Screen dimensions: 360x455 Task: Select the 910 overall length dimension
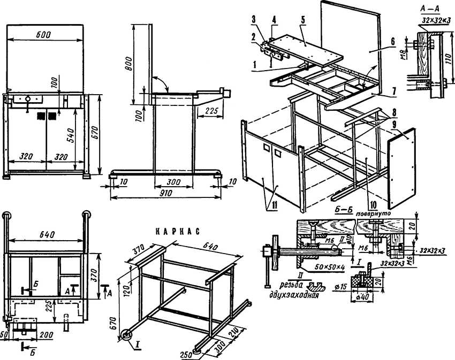(x=165, y=193)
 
